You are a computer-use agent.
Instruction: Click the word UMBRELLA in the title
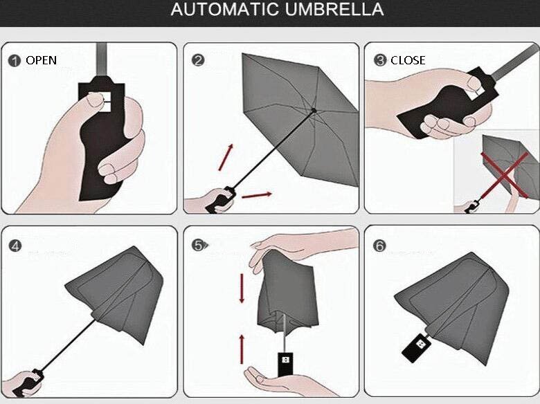[x=334, y=9]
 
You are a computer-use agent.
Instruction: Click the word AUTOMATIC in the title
[x=225, y=9]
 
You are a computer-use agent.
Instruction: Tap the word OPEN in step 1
[x=41, y=60]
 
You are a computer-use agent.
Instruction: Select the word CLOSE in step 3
[x=408, y=60]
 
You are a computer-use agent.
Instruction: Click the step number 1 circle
[x=14, y=61]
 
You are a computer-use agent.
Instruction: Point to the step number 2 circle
[x=198, y=60]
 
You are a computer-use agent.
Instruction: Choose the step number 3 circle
[x=380, y=60]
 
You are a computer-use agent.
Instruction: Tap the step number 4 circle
[x=15, y=246]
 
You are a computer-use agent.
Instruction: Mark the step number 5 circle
[x=198, y=245]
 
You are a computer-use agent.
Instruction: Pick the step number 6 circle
[x=379, y=246]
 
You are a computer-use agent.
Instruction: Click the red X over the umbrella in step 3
[x=505, y=176]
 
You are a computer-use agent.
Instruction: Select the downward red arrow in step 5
[x=242, y=288]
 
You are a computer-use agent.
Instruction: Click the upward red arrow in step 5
[x=242, y=349]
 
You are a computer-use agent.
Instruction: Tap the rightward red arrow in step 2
[x=257, y=196]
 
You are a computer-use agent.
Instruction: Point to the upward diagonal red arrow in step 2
[x=226, y=157]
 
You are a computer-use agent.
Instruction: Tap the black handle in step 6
[x=416, y=347]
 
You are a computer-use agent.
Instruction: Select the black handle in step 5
[x=285, y=364]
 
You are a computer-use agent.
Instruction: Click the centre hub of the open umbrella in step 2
[x=314, y=111]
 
